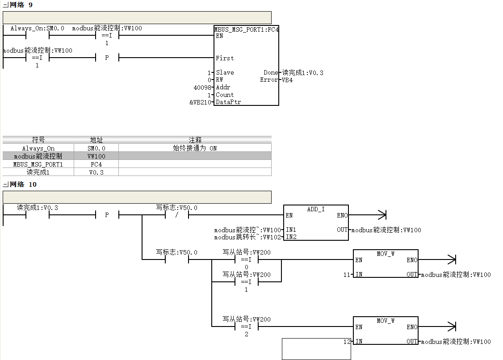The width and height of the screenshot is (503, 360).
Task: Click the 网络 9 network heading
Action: [x=21, y=5]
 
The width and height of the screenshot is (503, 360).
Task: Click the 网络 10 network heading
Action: [x=23, y=184]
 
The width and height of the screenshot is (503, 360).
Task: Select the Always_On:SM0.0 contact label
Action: [x=37, y=28]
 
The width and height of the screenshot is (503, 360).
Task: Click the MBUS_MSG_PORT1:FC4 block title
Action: [x=247, y=29]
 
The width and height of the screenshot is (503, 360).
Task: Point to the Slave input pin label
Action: [x=225, y=72]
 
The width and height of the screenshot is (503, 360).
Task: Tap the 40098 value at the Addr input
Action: [x=202, y=87]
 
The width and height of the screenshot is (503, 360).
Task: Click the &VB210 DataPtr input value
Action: [x=200, y=102]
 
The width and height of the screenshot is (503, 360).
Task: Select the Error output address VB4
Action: [x=287, y=80]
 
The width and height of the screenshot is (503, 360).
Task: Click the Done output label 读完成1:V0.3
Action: [x=302, y=73]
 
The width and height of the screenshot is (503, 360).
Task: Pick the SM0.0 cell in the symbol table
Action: [x=96, y=148]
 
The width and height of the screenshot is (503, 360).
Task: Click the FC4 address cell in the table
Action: [x=96, y=164]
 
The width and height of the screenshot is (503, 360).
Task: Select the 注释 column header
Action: [x=195, y=140]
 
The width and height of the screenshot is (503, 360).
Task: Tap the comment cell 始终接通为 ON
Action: [x=195, y=148]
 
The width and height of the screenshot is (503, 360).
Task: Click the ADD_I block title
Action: [x=316, y=209]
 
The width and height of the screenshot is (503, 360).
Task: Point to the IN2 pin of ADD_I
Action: [x=291, y=237]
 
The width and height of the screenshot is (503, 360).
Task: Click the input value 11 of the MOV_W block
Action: [x=347, y=275]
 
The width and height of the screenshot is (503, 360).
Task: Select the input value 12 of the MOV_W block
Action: [x=347, y=342]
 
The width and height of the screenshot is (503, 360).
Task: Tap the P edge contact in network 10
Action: [x=107, y=215]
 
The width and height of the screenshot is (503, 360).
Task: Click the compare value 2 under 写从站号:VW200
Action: [x=247, y=335]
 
